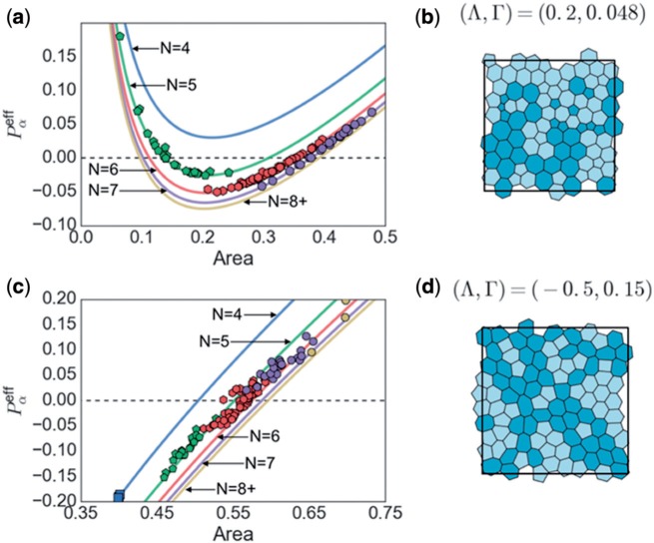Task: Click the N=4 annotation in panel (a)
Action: pos(167,46)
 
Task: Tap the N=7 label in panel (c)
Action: pos(258,463)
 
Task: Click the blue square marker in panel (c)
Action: pos(119,495)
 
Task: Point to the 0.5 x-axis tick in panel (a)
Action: pos(385,241)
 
